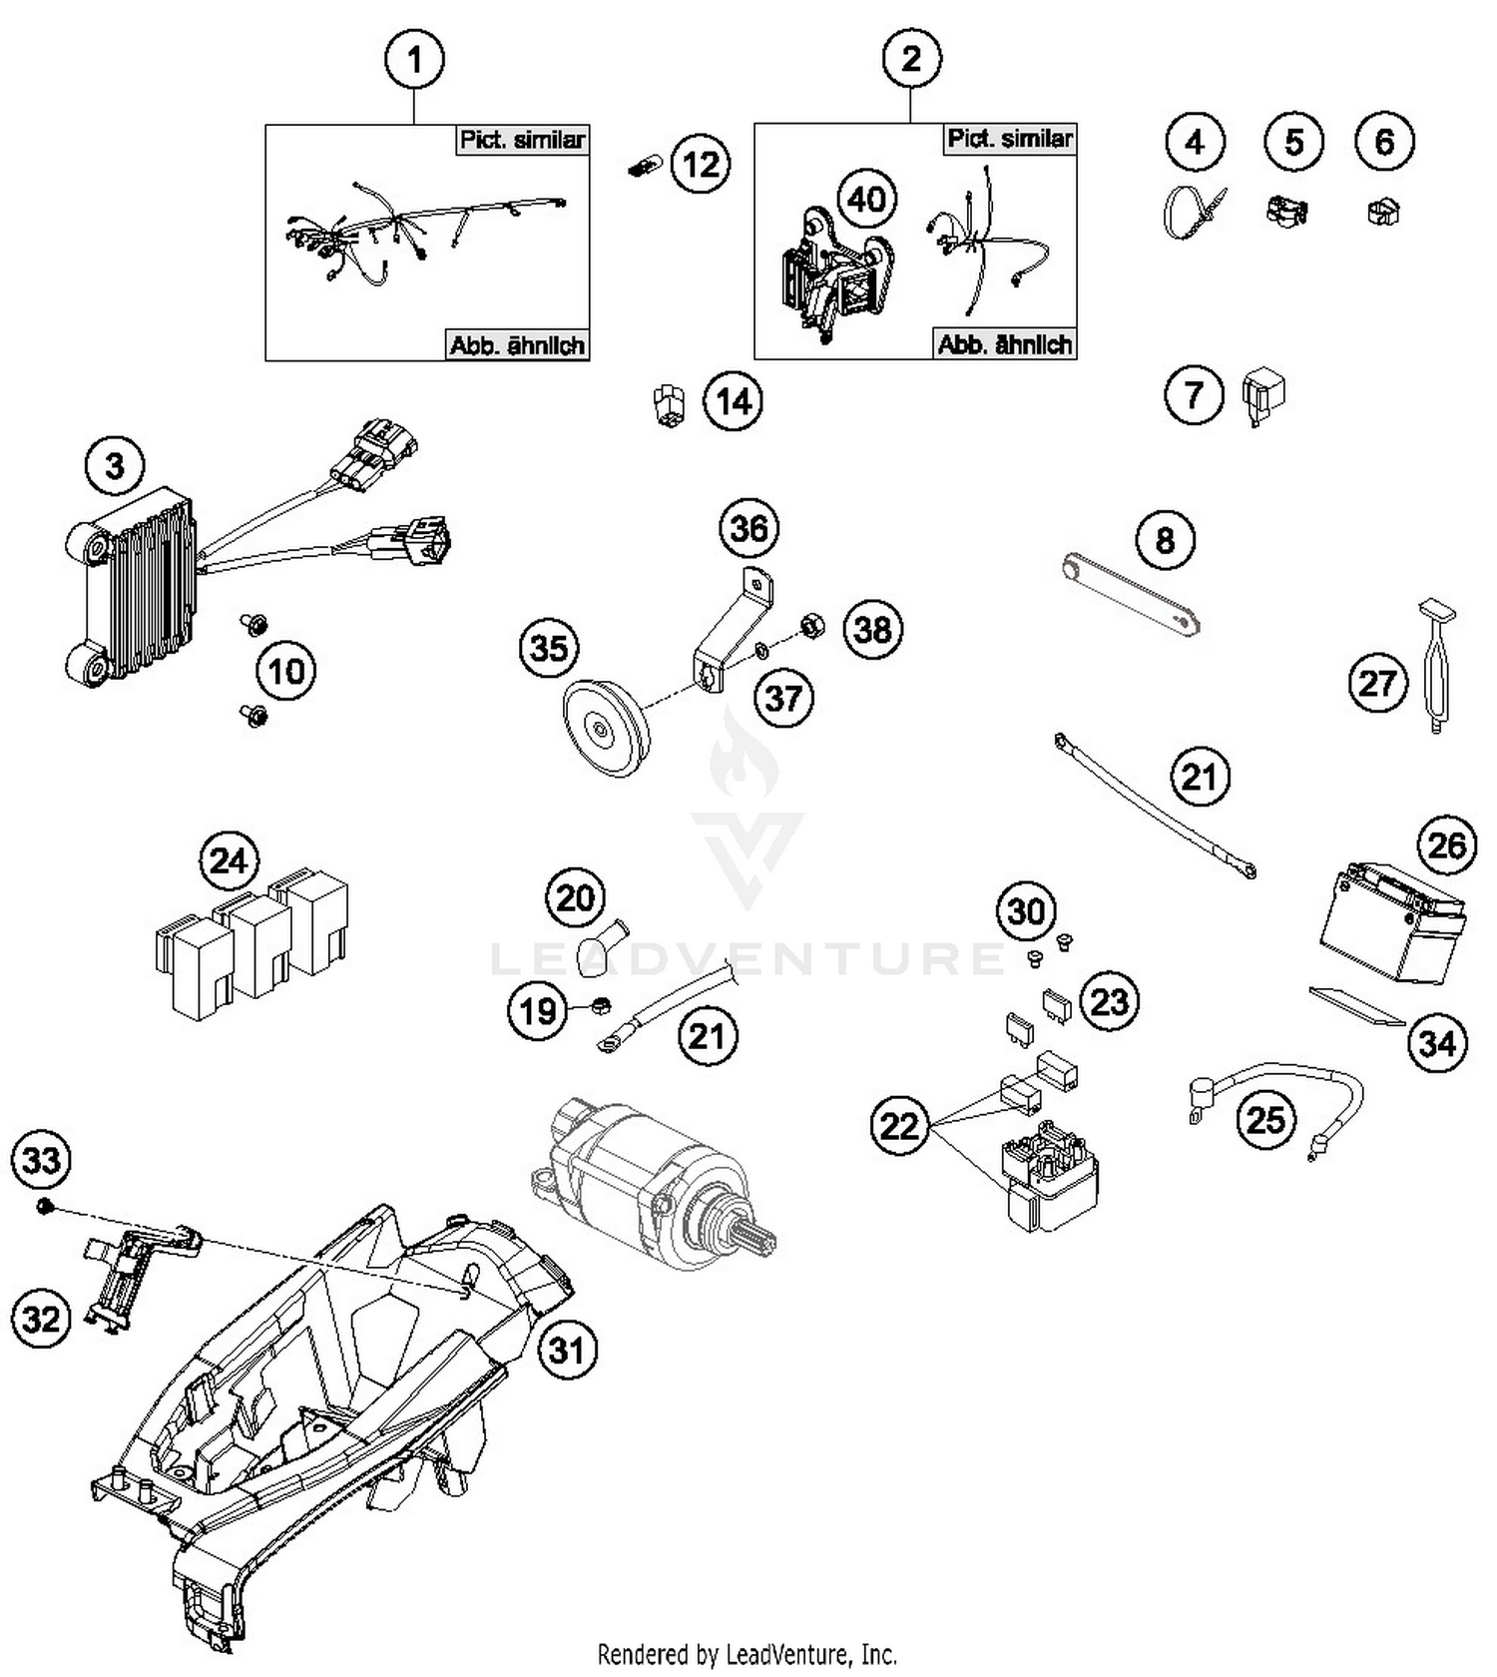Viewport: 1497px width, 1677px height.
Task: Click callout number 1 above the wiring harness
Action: pos(414,60)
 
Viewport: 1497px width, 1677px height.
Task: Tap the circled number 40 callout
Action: pos(866,199)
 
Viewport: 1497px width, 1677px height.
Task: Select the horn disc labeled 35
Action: pos(605,728)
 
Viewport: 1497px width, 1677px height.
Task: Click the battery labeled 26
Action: pos(1393,926)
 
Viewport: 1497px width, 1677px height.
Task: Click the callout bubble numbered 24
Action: pos(229,859)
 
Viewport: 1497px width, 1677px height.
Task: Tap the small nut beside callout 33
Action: pos(44,1208)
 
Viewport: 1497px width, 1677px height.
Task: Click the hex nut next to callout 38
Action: pos(812,628)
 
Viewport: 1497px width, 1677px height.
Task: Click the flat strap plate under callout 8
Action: pos(1129,596)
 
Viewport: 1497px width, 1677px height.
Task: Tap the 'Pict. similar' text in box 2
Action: pos(1009,139)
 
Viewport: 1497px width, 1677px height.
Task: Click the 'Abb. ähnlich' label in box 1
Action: pos(516,345)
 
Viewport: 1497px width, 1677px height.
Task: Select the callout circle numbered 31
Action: pos(566,1350)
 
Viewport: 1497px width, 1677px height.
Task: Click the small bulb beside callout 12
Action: pos(643,167)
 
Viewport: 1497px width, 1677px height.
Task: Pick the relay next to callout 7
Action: pos(1262,395)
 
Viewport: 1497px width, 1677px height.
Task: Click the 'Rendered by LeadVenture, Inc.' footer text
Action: pos(747,1654)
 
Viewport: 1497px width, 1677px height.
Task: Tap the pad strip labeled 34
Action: pos(1356,1006)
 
